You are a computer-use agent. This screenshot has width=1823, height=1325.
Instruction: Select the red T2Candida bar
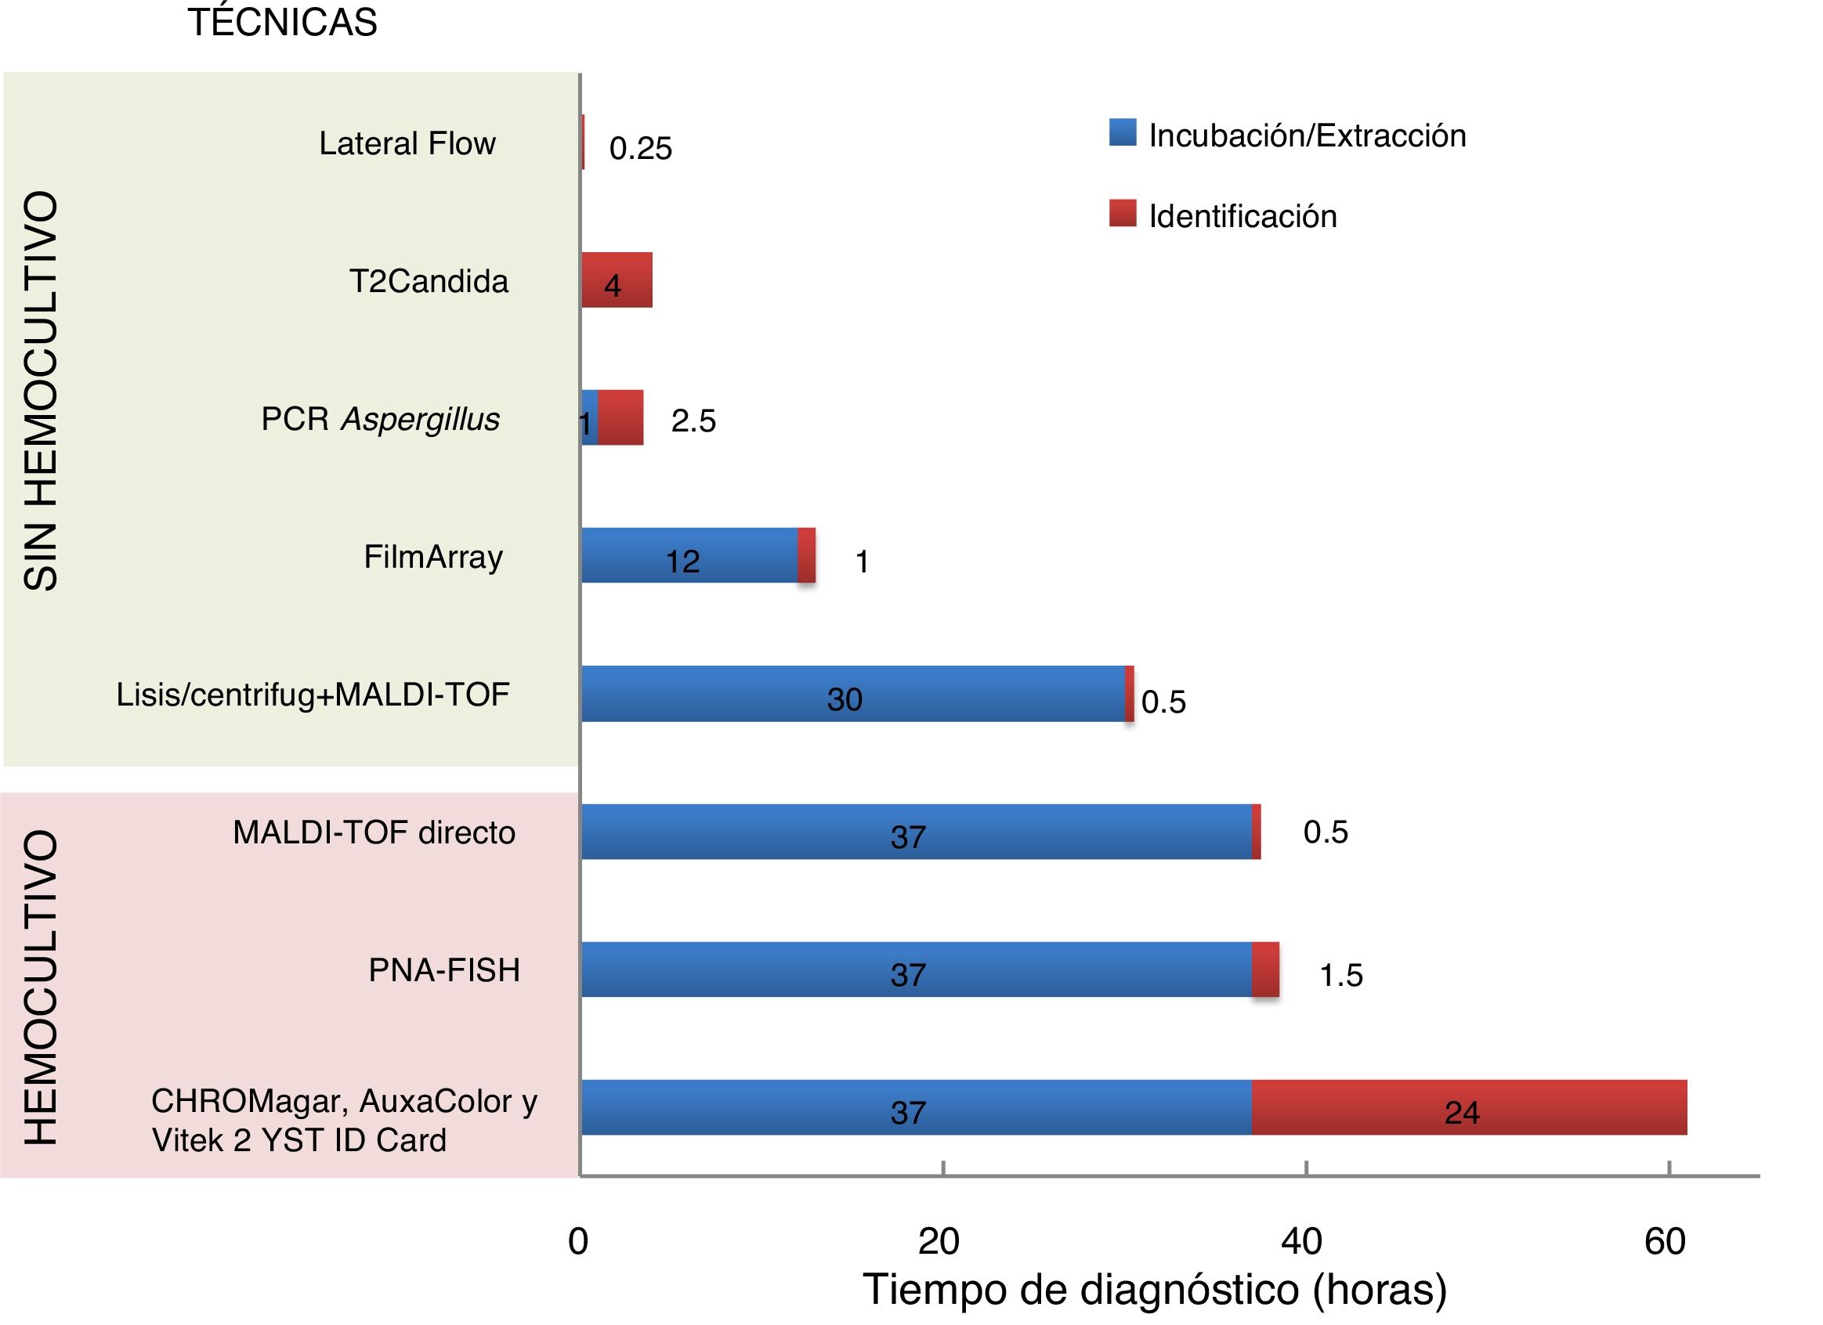pos(617,280)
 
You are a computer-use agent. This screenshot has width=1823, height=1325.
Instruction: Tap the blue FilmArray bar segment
pos(689,555)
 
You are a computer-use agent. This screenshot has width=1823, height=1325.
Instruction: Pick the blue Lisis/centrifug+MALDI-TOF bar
pos(852,694)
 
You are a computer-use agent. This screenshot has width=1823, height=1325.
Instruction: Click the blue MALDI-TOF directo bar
pos(917,832)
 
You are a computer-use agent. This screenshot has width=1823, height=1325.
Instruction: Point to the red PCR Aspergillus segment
pos(620,418)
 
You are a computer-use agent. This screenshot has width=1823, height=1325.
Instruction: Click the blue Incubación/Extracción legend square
pos(1122,132)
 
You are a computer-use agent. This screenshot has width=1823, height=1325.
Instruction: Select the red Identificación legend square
pos(1122,214)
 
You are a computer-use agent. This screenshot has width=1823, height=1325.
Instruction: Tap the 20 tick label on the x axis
pos(939,1242)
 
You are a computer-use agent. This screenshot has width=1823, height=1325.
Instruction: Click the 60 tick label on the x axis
pos(1665,1242)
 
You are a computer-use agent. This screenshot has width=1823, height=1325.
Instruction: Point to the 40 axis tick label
pos(1301,1242)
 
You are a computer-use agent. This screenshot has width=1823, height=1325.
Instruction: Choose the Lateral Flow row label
pos(407,144)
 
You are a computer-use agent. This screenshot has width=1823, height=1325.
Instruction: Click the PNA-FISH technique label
pos(443,971)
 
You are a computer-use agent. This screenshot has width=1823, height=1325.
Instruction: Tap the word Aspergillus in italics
pos(421,420)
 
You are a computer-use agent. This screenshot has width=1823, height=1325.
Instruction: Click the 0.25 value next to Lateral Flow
pos(640,149)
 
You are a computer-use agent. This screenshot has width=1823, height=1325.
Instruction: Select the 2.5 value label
pos(693,421)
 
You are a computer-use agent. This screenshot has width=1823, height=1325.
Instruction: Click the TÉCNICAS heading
pos(282,23)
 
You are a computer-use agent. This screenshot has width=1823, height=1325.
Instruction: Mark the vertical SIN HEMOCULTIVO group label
pos(40,392)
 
